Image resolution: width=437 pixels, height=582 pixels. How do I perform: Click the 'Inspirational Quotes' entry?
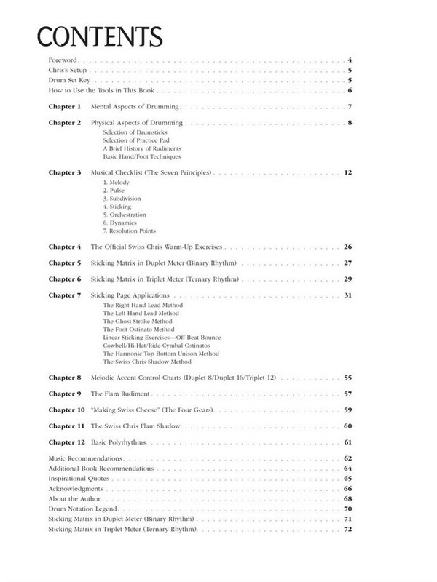coord(78,479)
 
